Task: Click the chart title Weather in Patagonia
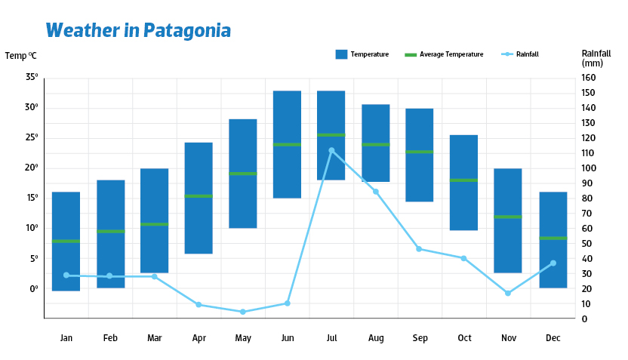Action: (x=138, y=30)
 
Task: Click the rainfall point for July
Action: (x=331, y=150)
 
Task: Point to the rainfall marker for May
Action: (x=243, y=312)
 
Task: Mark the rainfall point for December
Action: (x=553, y=263)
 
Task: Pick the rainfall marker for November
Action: (x=508, y=293)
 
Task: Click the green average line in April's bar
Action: (x=199, y=196)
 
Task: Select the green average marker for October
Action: (x=463, y=180)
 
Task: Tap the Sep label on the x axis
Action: (x=420, y=338)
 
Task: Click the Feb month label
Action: (x=110, y=338)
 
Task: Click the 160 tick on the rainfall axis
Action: (x=589, y=78)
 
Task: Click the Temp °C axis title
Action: (x=20, y=56)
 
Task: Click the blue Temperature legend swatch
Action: (x=341, y=54)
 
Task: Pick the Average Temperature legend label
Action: (x=451, y=54)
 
